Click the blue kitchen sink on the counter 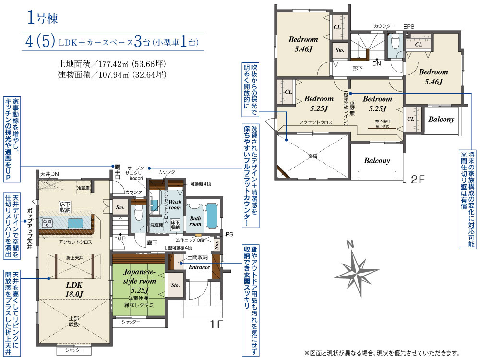click(x=76, y=223)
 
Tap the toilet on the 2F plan click(x=396, y=43)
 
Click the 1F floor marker click(x=216, y=324)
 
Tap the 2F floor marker click(x=418, y=180)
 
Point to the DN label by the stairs click(x=376, y=63)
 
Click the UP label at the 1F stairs click(x=122, y=238)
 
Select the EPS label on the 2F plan click(x=408, y=26)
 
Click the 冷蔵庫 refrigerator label click(x=84, y=188)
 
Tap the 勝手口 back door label click(x=117, y=171)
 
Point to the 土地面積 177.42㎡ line click(x=112, y=64)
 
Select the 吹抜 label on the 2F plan click(x=312, y=156)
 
